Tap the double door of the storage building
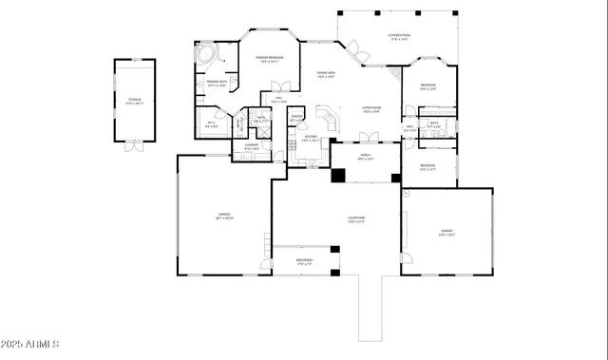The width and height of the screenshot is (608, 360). click(135, 146)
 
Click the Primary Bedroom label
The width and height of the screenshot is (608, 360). click(272, 60)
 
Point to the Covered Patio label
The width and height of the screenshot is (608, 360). click(398, 37)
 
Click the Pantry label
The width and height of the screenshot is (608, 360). click(297, 119)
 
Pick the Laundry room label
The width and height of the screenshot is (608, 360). click(252, 147)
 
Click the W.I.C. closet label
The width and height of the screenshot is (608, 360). click(212, 123)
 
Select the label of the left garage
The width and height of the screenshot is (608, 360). click(224, 217)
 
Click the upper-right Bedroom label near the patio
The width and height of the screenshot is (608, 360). click(428, 86)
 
